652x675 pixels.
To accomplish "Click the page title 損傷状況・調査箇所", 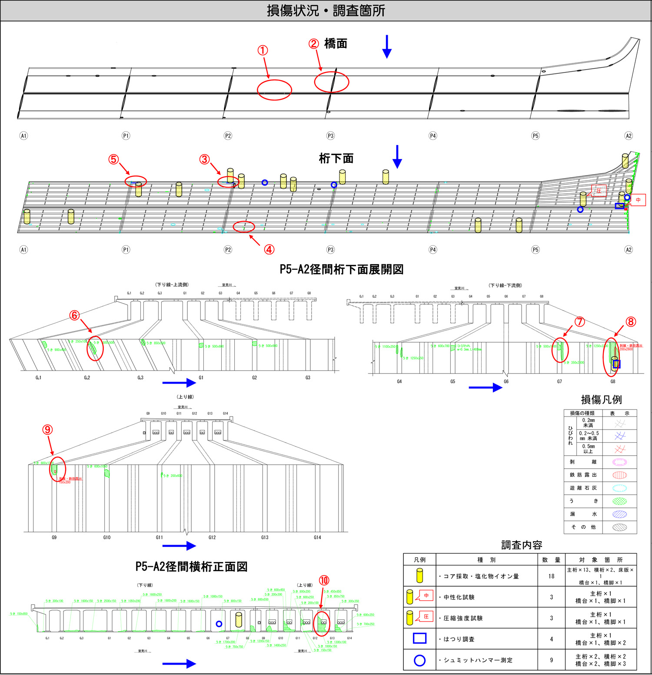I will pos(326,10).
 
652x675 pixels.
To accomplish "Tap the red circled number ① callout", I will pos(263,50).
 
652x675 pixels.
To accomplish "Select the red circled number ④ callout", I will pos(269,249).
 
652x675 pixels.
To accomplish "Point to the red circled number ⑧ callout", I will pos(631,322).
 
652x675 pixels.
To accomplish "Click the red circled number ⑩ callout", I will pos(324,580).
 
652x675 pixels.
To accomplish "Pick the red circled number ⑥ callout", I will pos(74,315).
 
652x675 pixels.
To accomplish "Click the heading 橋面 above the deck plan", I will pos(336,44).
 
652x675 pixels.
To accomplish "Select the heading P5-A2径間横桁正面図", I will pos(191,567).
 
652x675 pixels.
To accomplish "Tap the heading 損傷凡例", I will pos(601,400).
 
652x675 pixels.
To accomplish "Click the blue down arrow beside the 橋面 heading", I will pos(387,46).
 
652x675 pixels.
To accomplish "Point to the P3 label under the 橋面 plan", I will pos(330,136).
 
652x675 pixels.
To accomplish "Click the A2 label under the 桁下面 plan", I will pos(629,250).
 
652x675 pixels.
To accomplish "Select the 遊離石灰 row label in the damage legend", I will pos(583,488).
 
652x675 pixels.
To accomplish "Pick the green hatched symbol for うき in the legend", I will pos(619,501).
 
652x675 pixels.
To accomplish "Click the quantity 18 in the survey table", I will pos(551,576).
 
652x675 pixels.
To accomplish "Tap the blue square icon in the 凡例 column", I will pos(419,639).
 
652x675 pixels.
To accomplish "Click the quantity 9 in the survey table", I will pos(551,660).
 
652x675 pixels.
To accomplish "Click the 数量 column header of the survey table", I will pos(551,560).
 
